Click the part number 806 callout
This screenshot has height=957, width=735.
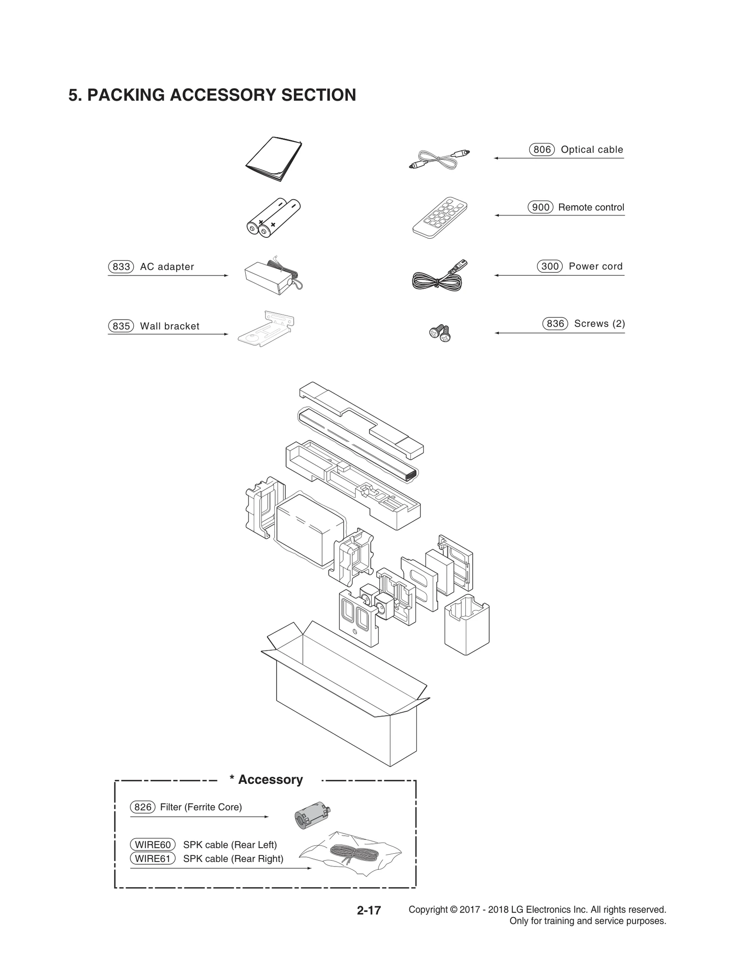pos(542,150)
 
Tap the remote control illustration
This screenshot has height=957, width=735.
pos(439,217)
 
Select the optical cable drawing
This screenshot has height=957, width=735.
pos(439,159)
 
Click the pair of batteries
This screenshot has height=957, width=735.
pos(273,218)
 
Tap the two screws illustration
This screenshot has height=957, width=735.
pos(440,332)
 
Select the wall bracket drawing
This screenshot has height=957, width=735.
pos(266,329)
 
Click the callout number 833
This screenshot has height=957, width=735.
pos(121,267)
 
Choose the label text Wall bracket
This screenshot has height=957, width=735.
pos(170,326)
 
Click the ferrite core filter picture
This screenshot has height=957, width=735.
pos(312,816)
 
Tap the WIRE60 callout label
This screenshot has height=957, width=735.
pos(153,844)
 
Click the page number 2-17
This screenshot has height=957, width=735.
pos(369,910)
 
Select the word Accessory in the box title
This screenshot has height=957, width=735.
pos(270,780)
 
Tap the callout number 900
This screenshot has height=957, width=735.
pos(540,208)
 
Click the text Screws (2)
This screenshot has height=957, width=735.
pos(599,324)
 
